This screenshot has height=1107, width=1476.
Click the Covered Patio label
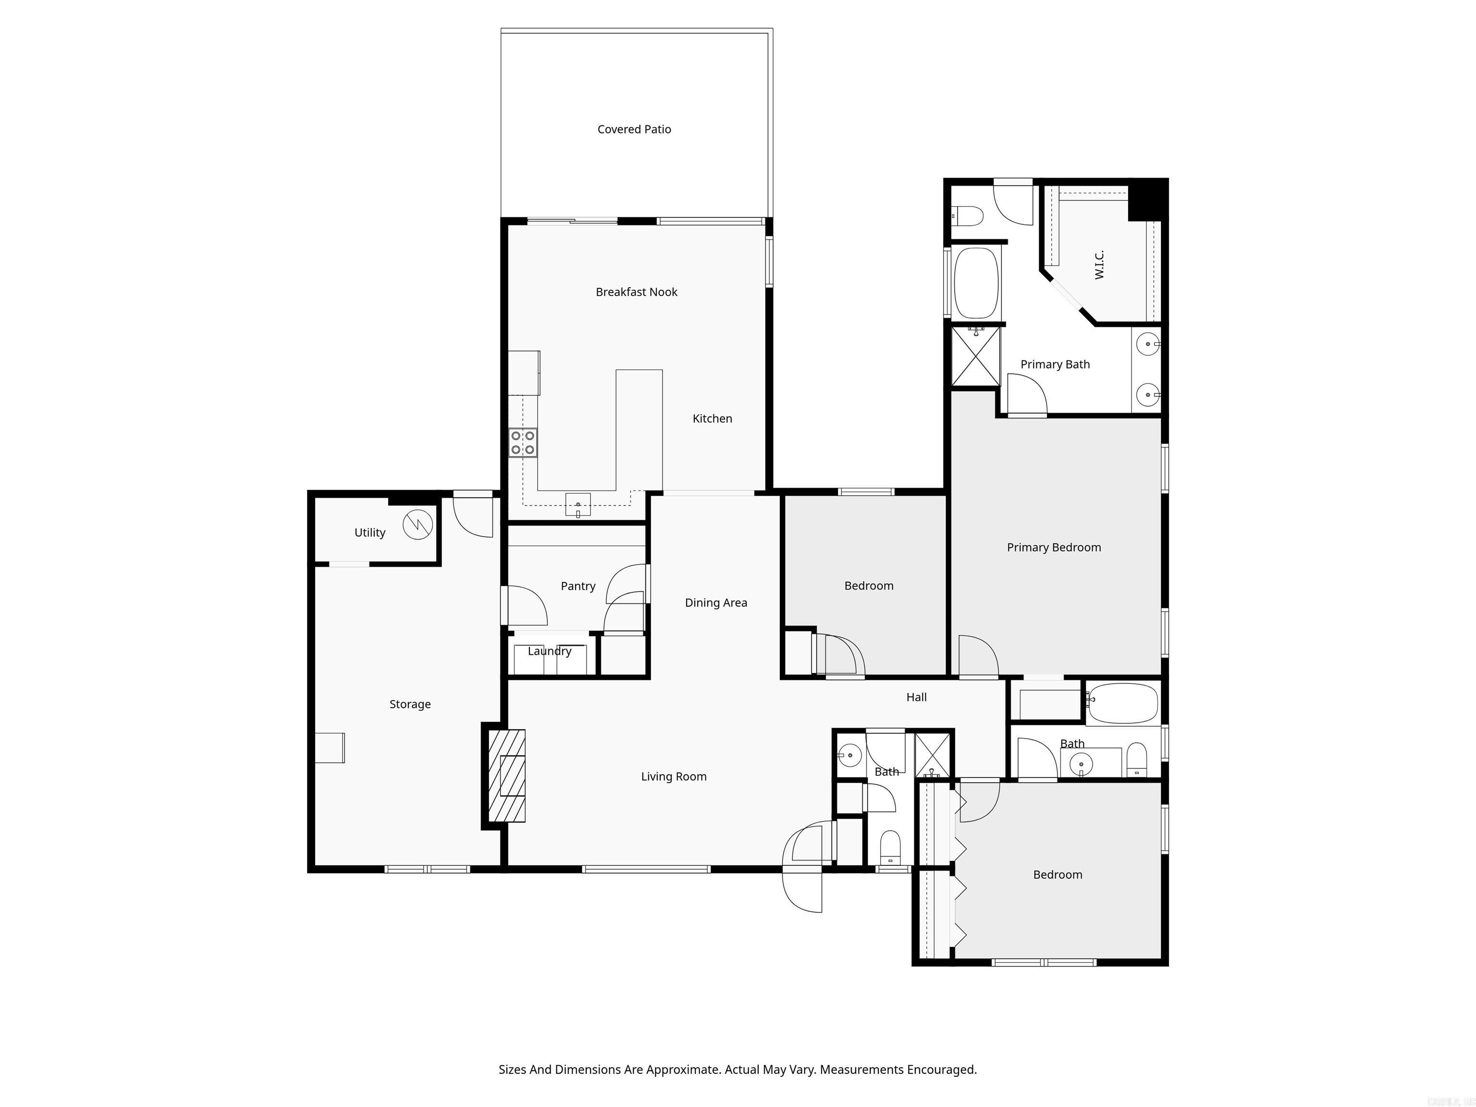(x=634, y=129)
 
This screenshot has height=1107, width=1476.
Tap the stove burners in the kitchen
(x=522, y=443)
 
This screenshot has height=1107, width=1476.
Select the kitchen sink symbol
(x=578, y=504)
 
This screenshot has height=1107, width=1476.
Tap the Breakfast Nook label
(x=636, y=292)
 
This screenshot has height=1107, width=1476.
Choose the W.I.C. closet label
(x=1099, y=265)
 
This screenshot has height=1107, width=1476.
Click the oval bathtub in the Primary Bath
(x=976, y=283)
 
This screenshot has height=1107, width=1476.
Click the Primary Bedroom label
(x=1054, y=547)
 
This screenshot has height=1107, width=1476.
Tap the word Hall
(x=916, y=697)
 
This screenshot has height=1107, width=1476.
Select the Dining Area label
(x=716, y=603)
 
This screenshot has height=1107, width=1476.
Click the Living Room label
(x=673, y=777)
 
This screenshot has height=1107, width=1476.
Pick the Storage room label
(x=410, y=704)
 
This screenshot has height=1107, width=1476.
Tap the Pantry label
(x=578, y=586)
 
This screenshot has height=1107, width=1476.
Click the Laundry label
(x=549, y=651)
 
